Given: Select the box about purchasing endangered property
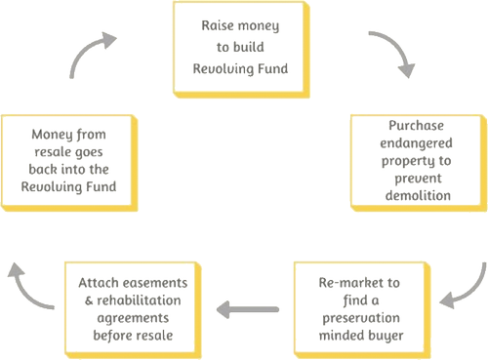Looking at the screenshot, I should [x=417, y=163].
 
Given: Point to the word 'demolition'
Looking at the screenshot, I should [x=417, y=195].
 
